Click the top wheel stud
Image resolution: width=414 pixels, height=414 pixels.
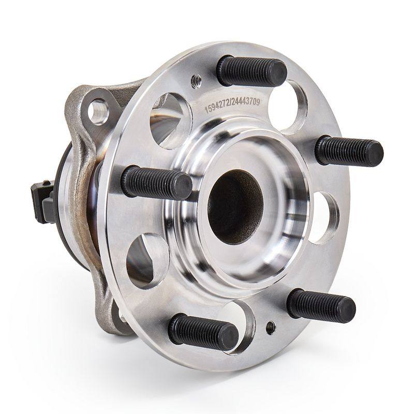252,70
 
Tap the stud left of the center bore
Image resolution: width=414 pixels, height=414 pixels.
156,183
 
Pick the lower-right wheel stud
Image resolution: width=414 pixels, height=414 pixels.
321,305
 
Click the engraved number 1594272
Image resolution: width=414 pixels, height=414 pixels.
217,106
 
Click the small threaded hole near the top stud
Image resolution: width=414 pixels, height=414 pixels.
196,79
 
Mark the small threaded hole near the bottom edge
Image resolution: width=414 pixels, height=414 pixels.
271,328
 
